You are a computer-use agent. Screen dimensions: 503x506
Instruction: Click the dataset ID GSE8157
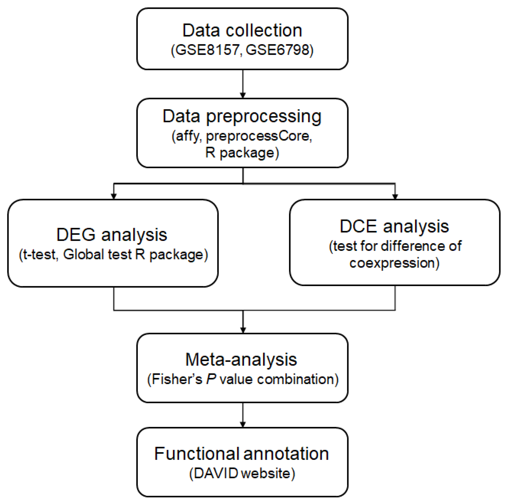[207, 50]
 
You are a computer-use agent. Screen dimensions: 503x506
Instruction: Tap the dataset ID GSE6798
[277, 50]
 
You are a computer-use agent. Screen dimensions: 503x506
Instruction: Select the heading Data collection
[242, 30]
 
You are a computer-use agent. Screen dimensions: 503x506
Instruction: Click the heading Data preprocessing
[242, 116]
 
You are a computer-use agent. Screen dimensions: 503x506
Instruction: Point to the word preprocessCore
[258, 136]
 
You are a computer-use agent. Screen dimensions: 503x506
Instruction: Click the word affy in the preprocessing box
[188, 136]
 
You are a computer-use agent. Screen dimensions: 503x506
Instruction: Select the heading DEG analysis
[112, 235]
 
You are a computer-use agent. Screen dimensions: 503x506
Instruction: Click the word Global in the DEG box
[83, 254]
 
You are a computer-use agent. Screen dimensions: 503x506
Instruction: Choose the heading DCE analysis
[394, 226]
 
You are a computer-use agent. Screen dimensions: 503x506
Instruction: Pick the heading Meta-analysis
[241, 359]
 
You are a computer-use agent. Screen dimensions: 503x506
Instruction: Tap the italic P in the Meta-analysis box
[211, 379]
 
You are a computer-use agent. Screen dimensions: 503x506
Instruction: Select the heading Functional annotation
[241, 454]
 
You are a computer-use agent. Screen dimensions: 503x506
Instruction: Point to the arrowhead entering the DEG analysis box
[114, 196]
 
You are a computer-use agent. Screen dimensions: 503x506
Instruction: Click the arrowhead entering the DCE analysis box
[395, 196]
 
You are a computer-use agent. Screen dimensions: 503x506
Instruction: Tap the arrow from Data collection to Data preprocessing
[243, 83]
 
